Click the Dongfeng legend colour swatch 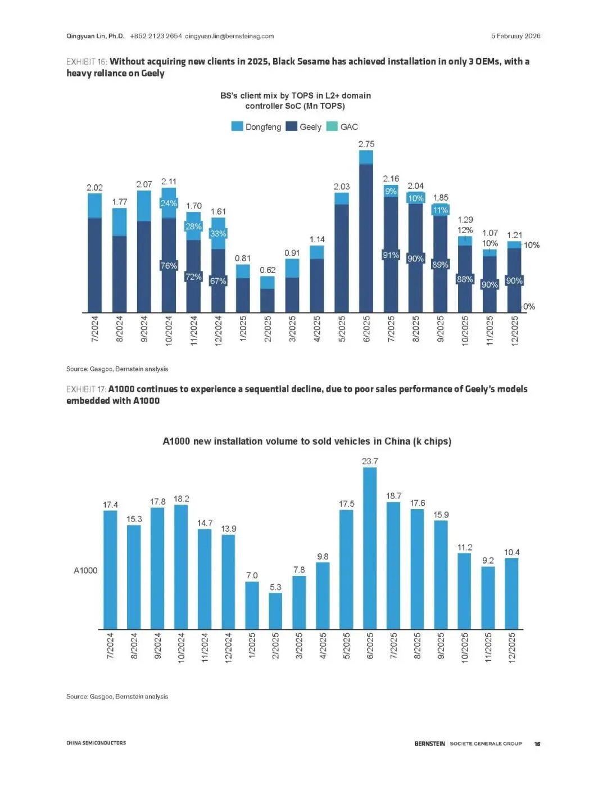point(237,126)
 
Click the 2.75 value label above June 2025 point(366,144)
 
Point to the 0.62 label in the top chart point(268,270)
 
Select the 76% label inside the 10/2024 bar point(169,266)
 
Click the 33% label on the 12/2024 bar point(218,234)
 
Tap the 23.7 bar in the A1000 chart point(370,548)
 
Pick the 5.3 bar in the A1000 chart point(275,611)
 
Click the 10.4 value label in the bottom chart point(511,552)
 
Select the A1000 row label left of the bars point(85,570)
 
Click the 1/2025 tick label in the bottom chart point(252,647)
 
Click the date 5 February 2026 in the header point(515,36)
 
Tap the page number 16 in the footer point(537,743)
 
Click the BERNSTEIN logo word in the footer point(429,743)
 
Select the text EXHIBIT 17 point(86,389)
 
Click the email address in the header point(229,36)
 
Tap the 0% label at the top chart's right point(529,307)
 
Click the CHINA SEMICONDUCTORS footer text point(96,743)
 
